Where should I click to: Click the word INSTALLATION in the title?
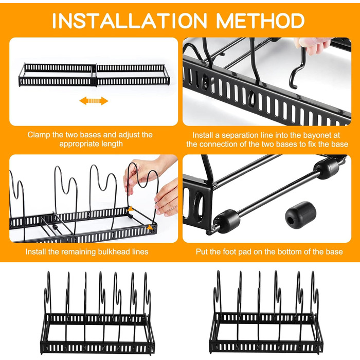click(x=130, y=21)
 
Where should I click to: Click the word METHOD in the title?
click(x=260, y=21)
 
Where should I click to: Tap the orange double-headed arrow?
click(x=94, y=101)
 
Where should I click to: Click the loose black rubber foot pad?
click(x=300, y=215)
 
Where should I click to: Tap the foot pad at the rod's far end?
click(x=326, y=169)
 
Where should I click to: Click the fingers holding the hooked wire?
click(x=313, y=46)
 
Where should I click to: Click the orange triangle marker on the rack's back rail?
click(x=131, y=209)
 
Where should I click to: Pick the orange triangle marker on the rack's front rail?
click(x=150, y=227)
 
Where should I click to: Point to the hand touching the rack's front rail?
click(x=167, y=199)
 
